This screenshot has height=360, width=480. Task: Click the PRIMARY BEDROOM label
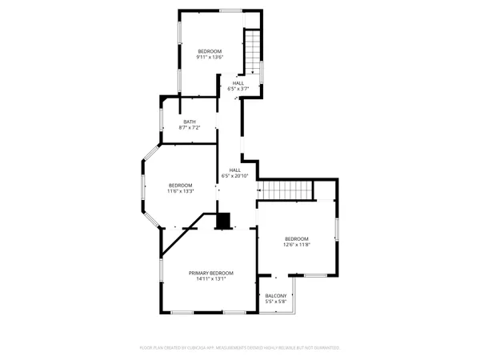211,273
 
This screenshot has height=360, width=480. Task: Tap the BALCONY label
275,296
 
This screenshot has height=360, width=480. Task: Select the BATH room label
189,122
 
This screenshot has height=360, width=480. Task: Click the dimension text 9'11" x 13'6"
210,58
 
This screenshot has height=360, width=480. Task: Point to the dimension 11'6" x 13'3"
181,191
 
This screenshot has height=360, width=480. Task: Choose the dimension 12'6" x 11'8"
296,245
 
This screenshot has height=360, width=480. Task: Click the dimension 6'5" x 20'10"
235,176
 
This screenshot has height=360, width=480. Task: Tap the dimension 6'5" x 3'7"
238,89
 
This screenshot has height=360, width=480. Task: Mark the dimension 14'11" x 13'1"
211,279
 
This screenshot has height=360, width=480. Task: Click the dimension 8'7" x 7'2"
189,127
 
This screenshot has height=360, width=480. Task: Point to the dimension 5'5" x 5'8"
275,302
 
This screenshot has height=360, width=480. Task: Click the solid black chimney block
223,219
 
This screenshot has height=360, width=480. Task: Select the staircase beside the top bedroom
253,52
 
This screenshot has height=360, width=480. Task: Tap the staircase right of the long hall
286,190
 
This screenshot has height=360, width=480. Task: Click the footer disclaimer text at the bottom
240,348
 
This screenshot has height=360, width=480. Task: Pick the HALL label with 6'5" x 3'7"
238,83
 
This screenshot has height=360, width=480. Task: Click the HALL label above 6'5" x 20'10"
235,170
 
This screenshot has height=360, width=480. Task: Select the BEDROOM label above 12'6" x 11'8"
296,239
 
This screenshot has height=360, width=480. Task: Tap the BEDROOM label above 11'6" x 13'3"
181,186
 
